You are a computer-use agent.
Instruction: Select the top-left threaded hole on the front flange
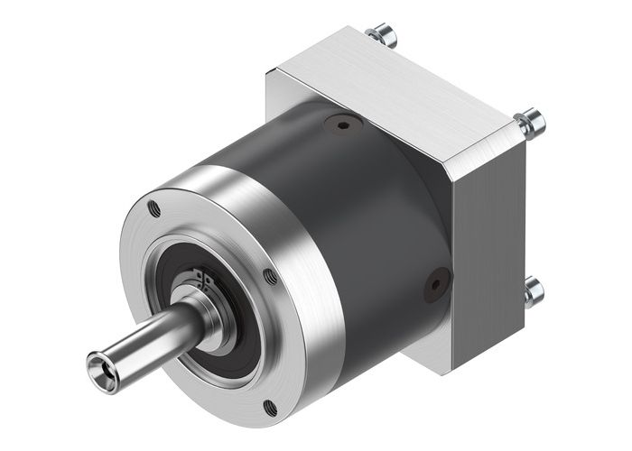(x=154, y=209)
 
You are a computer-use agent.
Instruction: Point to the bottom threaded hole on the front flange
(x=268, y=409)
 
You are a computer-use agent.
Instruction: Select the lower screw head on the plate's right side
(x=533, y=290)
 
